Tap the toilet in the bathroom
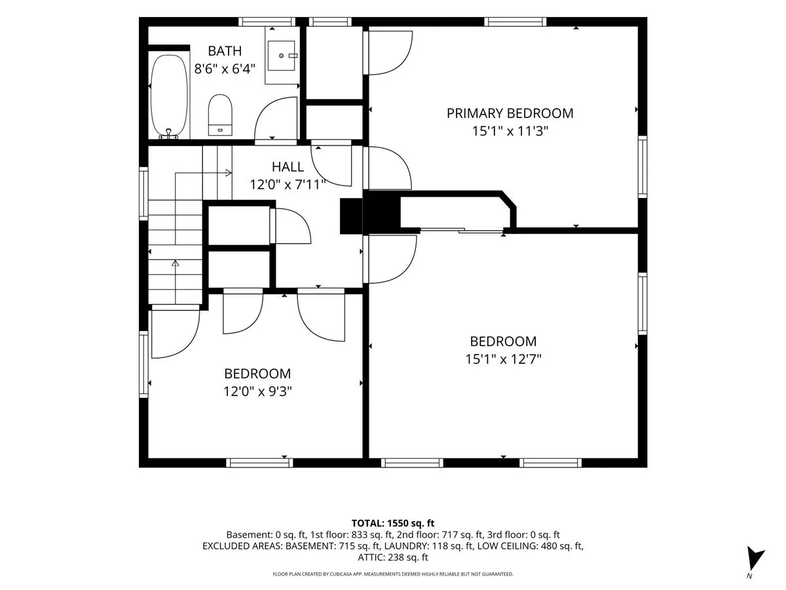point(220,115)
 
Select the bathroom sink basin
point(282,56)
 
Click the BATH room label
point(225,51)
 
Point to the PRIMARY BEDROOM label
point(510,113)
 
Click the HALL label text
point(288,167)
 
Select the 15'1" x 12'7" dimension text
point(503,359)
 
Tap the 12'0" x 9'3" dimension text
point(257,391)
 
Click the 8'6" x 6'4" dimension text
point(225,68)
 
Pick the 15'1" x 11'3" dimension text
point(510,131)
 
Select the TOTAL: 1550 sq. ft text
point(393,523)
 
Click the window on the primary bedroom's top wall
point(515,22)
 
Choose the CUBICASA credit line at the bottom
point(393,574)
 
